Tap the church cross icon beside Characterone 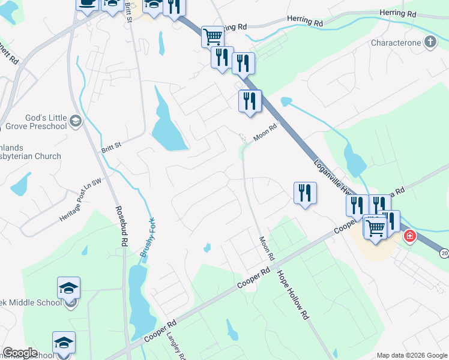point(430,41)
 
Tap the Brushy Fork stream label point(148,237)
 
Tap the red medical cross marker point(410,236)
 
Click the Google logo point(20,353)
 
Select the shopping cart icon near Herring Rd point(212,37)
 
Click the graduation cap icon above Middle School point(69,288)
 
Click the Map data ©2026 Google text point(411,355)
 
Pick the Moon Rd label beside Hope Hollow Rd point(267,248)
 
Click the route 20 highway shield point(444,252)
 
